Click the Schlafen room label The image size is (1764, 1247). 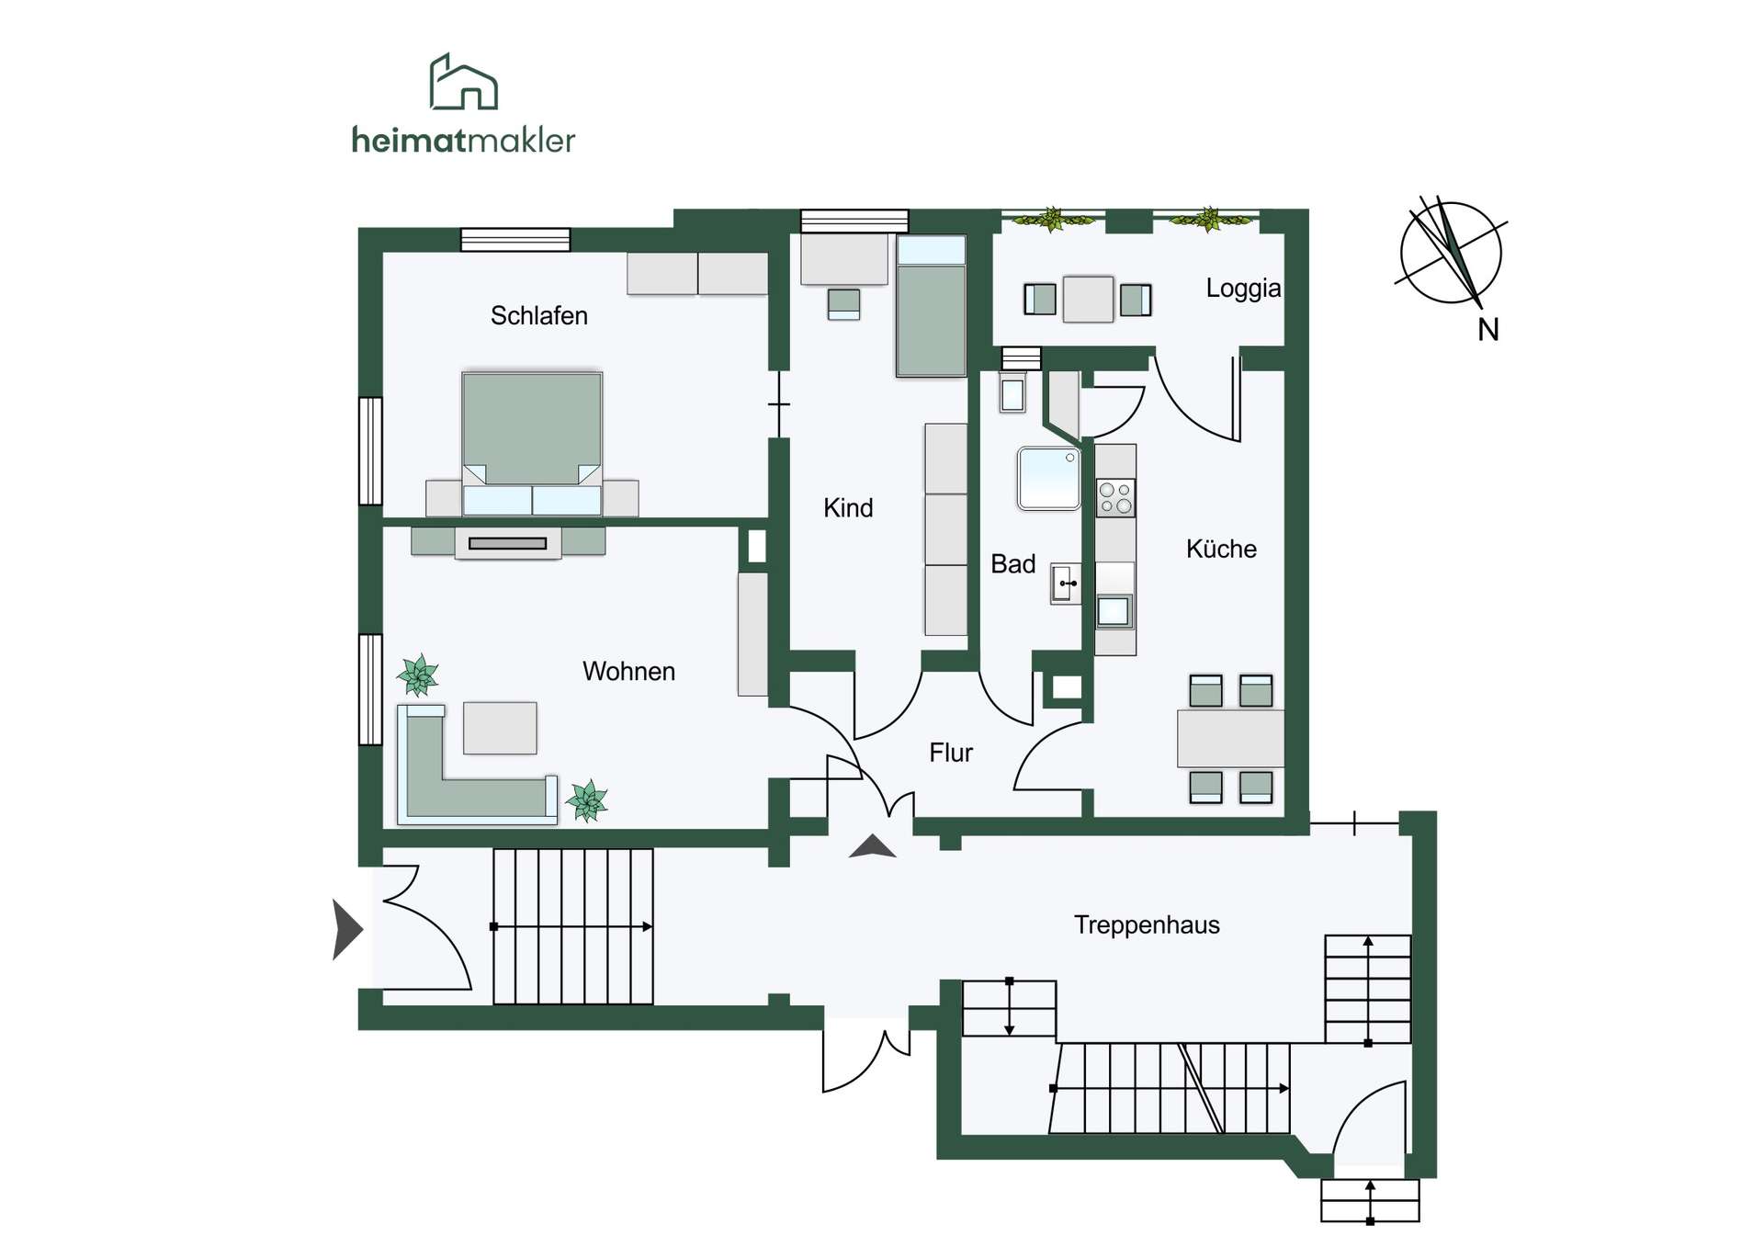538,315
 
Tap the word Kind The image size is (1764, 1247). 847,507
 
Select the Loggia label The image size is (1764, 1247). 1243,289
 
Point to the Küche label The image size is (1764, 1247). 1221,549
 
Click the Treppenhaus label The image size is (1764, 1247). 1147,924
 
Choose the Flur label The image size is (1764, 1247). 950,753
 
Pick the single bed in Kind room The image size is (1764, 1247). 931,306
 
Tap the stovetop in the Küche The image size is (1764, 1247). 1115,498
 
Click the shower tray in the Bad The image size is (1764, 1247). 1048,478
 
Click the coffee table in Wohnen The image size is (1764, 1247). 500,728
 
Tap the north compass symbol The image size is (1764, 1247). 1451,252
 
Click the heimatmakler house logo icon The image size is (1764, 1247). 464,82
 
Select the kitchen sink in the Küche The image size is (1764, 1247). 1114,611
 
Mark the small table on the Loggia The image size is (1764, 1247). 1088,300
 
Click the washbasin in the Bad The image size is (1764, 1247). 1065,584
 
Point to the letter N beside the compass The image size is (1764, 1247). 1488,330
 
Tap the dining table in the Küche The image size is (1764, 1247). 1230,738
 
